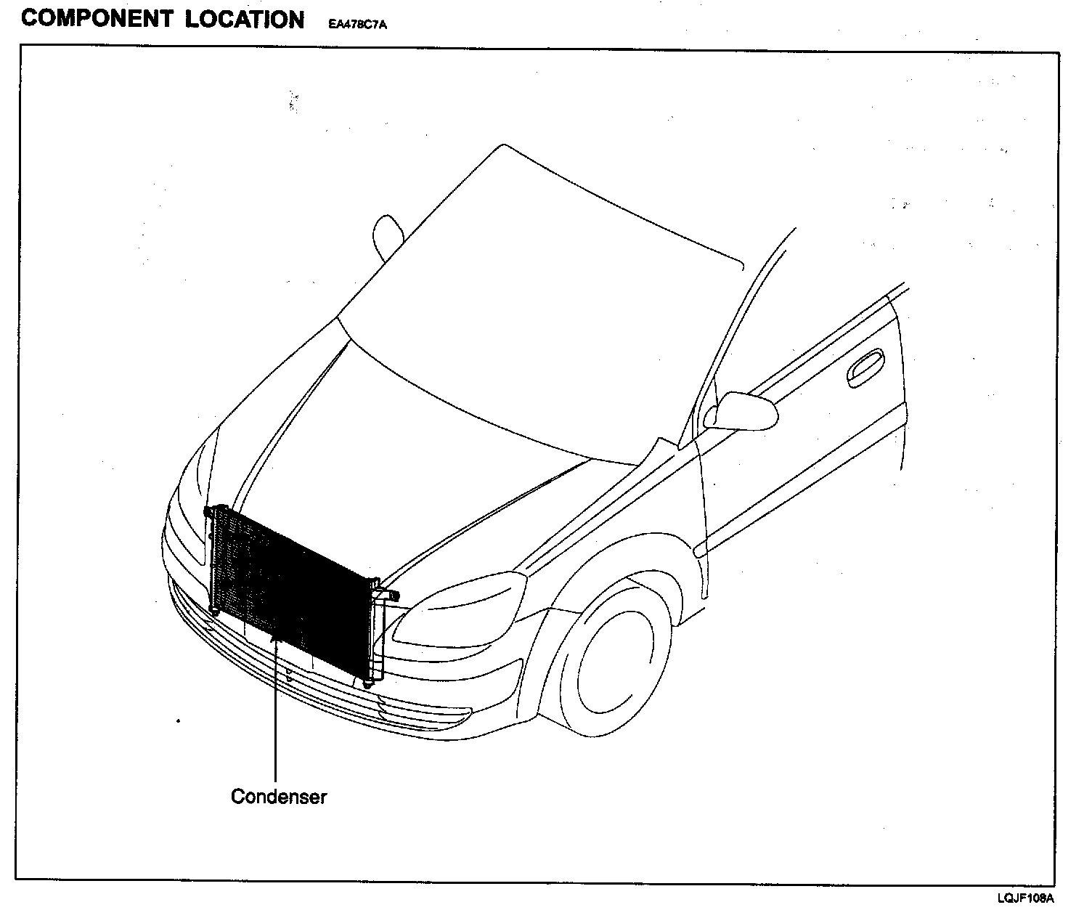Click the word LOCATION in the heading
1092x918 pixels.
pyautogui.click(x=244, y=19)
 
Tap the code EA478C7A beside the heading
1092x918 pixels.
pyautogui.click(x=357, y=25)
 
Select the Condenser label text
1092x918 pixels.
pyautogui.click(x=279, y=797)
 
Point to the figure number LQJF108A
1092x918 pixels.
pyautogui.click(x=1025, y=898)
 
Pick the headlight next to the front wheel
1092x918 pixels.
pyautogui.click(x=457, y=610)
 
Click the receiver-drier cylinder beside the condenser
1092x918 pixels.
pyautogui.click(x=378, y=632)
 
